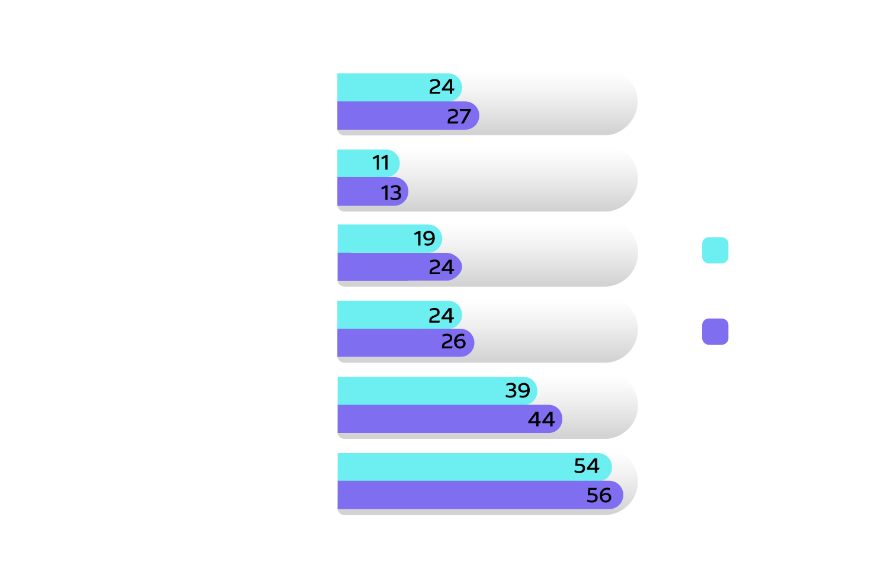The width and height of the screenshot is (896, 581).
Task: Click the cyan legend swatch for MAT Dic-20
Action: [715, 250]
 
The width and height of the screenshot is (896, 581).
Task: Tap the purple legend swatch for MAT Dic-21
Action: [715, 332]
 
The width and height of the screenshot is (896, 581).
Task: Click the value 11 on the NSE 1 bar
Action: [381, 163]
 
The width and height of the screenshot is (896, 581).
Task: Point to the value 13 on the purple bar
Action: [391, 193]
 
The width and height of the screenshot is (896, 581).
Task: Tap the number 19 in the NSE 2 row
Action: [424, 239]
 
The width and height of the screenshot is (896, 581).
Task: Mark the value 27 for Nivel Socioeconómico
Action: [459, 117]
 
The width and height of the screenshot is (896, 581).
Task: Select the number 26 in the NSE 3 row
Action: [453, 342]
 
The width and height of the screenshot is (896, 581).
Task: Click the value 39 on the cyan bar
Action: [517, 391]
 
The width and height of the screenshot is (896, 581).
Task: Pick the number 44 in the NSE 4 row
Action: [541, 420]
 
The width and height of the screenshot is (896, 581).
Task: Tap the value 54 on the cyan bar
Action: [587, 466]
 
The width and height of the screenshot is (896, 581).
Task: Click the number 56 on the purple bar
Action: [599, 495]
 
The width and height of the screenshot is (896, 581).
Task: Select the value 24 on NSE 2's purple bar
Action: [441, 268]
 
